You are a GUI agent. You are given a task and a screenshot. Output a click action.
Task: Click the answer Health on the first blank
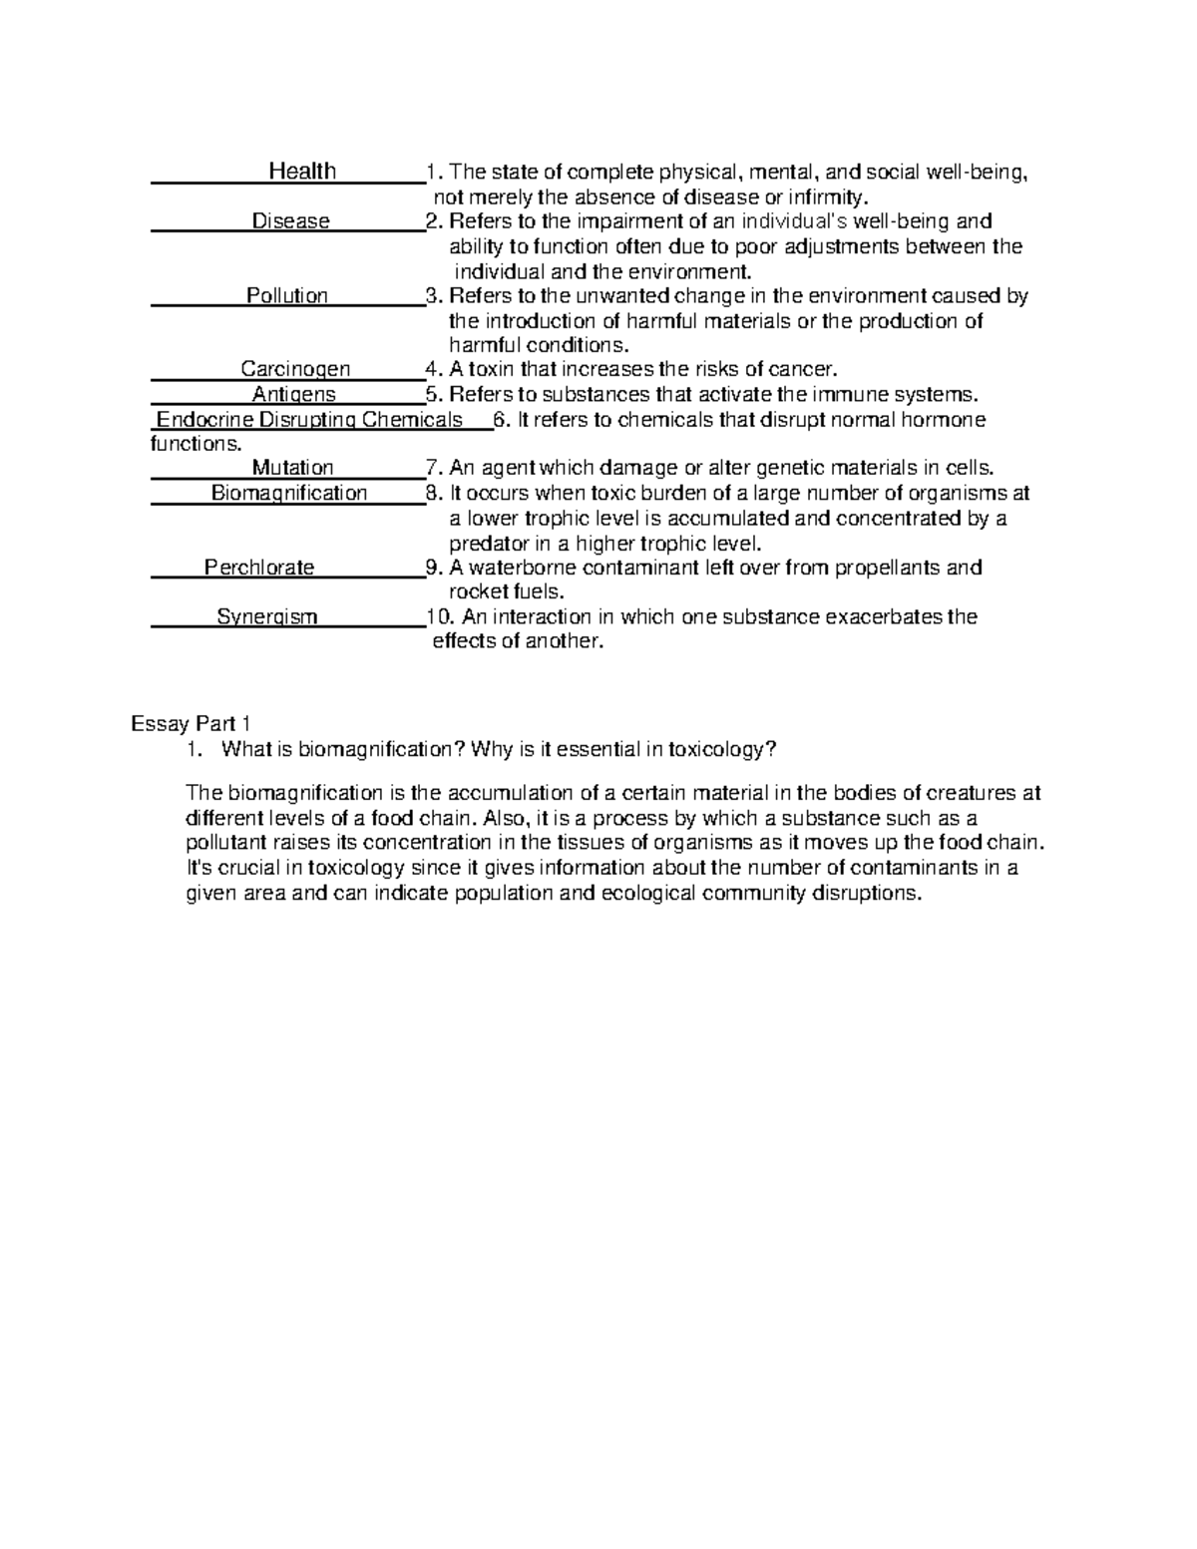[x=302, y=172]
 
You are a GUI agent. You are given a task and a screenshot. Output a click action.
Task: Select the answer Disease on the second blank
[x=290, y=221]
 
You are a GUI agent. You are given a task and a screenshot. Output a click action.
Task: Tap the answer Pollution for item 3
[x=287, y=295]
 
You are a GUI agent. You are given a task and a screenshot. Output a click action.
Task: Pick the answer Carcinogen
[x=295, y=369]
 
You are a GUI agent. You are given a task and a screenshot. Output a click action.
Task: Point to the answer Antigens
[x=293, y=394]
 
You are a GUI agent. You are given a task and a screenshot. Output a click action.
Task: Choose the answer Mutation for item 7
[x=292, y=468]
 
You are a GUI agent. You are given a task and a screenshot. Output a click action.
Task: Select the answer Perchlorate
[x=259, y=568]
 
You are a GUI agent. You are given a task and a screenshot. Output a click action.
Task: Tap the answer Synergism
[x=267, y=616]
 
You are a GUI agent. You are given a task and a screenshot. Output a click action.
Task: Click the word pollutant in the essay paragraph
[x=229, y=843]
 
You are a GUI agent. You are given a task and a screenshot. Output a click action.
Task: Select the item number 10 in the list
[x=438, y=616]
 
